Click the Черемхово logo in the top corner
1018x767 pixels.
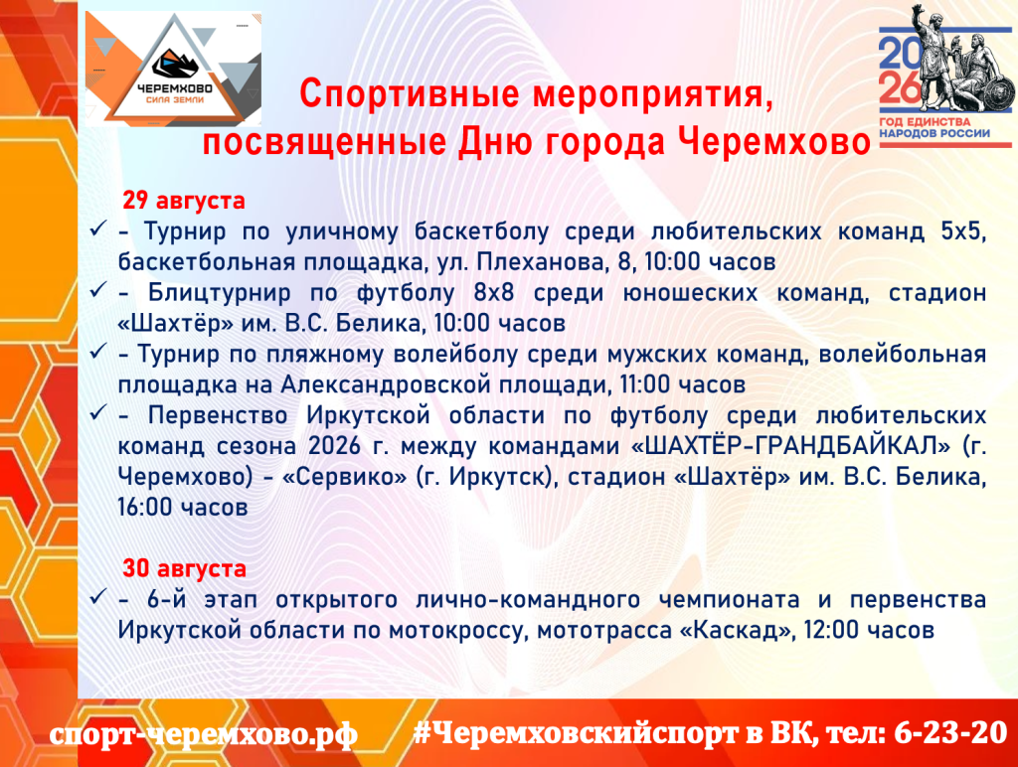click(x=173, y=69)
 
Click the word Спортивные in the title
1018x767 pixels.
click(x=410, y=94)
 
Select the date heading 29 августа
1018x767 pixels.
click(x=184, y=201)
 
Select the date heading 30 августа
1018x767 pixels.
click(x=184, y=568)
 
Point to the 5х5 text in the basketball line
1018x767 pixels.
click(x=963, y=231)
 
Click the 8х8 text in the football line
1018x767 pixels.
click(x=493, y=293)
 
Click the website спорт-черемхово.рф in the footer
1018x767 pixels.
click(x=203, y=733)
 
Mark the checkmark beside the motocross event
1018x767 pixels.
click(x=98, y=596)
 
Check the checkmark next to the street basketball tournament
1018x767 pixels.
click(x=98, y=228)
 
